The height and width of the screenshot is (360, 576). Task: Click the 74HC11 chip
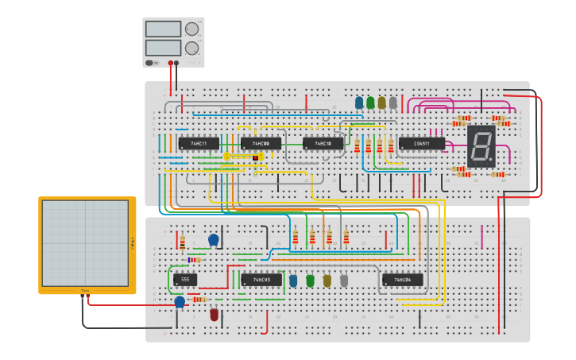[x=198, y=144]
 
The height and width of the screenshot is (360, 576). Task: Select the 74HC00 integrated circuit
[x=261, y=144]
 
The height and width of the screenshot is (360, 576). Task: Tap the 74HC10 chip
[x=323, y=144]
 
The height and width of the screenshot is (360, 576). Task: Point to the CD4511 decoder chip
[x=421, y=144]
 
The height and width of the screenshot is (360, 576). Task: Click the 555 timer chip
[x=184, y=280]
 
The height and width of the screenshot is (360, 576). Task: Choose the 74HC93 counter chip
[x=261, y=280]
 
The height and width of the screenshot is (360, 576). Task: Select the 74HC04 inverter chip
[x=402, y=280]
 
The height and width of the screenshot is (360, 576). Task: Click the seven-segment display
[x=481, y=145]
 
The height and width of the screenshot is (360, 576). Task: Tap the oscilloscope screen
[x=85, y=243]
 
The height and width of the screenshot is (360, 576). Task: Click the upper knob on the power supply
[x=191, y=29]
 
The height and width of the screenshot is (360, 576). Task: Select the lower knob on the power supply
[x=191, y=48]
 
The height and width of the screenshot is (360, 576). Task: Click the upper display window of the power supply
[x=163, y=29]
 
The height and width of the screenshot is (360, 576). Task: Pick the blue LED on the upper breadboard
[x=359, y=103]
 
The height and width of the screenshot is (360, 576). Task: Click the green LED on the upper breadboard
[x=370, y=103]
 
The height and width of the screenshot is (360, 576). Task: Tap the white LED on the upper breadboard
[x=392, y=103]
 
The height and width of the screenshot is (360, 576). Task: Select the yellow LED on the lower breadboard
[x=327, y=281]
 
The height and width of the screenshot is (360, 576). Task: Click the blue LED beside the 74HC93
[x=293, y=281]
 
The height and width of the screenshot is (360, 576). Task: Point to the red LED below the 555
[x=214, y=315]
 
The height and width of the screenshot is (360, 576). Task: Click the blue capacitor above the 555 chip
[x=213, y=239]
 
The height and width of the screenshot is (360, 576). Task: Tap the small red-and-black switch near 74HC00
[x=256, y=157]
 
